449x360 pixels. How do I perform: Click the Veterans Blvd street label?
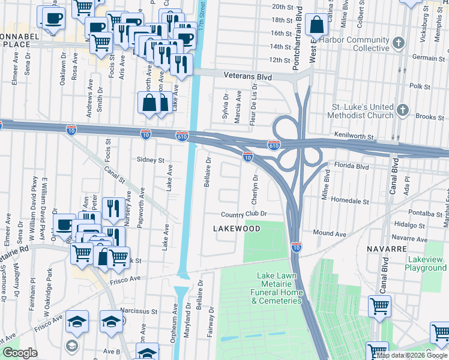point(248,77)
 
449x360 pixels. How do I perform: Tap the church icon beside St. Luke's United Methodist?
point(403,111)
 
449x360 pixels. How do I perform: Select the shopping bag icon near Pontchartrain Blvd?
point(316,25)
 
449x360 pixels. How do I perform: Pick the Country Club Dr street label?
point(243,214)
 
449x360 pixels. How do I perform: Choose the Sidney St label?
point(151,160)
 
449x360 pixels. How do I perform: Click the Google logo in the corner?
point(20,353)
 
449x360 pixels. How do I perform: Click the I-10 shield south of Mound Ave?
point(297,247)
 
